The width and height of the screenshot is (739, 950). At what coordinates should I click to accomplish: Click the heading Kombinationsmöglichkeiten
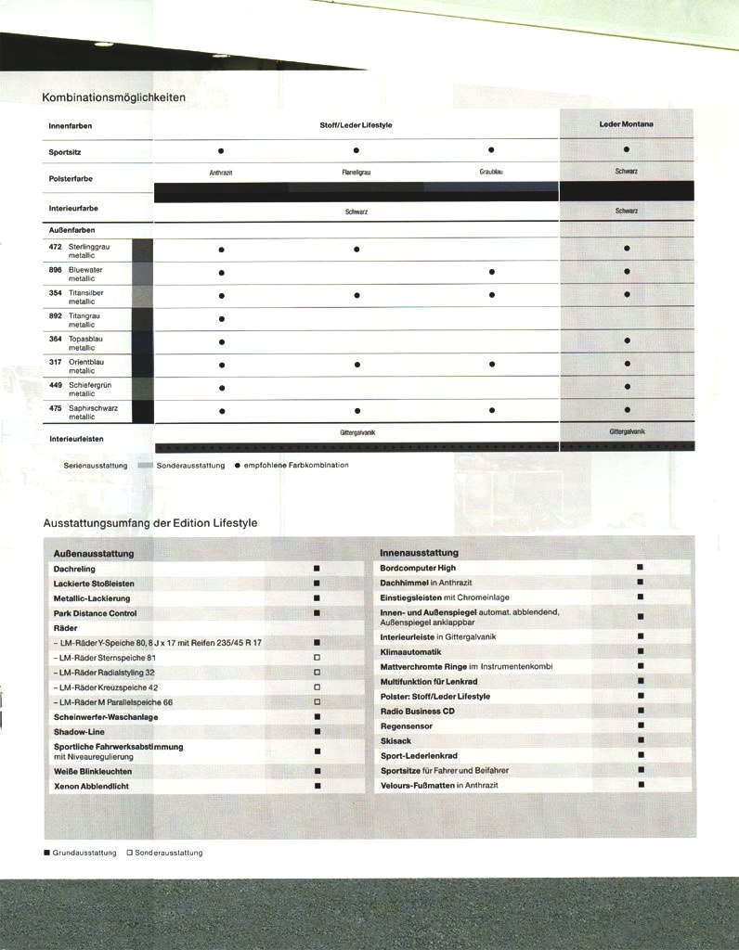(114, 97)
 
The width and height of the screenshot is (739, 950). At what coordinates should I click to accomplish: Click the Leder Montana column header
(627, 123)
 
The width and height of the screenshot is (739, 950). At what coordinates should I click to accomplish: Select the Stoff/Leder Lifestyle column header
(356, 124)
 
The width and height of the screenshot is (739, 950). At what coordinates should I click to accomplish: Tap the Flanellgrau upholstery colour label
(356, 172)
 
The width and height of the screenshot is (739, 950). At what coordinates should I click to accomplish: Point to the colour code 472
(55, 247)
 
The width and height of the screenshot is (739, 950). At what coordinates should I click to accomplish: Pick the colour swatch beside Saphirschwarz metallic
(142, 412)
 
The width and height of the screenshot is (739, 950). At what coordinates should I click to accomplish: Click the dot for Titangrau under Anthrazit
(221, 319)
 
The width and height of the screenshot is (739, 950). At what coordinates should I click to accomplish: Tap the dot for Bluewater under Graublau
(491, 272)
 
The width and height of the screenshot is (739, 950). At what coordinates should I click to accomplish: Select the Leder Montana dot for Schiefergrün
(627, 387)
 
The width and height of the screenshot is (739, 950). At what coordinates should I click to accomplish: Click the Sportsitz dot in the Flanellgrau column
(356, 150)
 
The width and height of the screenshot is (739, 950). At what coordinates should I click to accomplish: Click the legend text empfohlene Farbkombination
(296, 465)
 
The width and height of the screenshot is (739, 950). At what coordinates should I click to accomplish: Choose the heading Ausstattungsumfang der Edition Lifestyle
(150, 523)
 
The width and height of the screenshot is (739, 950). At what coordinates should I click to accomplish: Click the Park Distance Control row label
(96, 613)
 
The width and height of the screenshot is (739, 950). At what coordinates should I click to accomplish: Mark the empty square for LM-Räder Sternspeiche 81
(317, 657)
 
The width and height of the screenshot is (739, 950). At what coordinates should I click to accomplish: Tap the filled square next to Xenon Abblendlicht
(317, 786)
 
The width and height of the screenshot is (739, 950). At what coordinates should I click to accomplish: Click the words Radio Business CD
(417, 712)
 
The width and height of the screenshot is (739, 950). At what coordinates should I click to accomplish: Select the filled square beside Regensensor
(640, 725)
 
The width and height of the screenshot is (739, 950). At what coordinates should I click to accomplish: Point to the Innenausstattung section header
(419, 553)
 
